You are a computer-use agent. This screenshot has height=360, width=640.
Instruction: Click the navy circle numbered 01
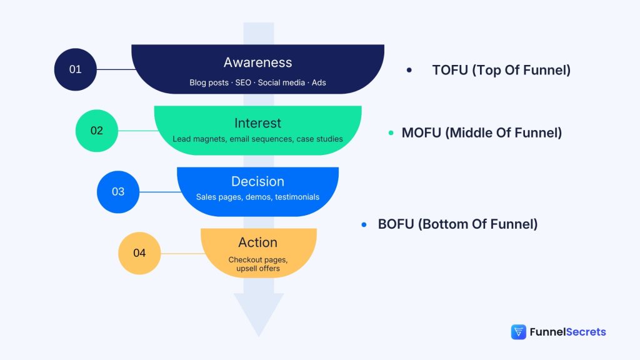point(75,69)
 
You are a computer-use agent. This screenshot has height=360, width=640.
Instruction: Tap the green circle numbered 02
point(96,131)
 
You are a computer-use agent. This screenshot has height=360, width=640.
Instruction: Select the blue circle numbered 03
point(118,192)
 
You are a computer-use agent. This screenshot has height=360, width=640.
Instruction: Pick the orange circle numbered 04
point(139,253)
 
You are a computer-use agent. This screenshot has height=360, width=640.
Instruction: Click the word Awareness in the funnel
point(257,62)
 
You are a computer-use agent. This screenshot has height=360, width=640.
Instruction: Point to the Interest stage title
point(257,123)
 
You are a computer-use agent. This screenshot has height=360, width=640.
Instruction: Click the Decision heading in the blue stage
point(257,181)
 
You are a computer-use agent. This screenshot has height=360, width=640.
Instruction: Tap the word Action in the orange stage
point(257,242)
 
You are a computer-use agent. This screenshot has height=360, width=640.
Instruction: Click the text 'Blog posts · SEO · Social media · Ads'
point(257,82)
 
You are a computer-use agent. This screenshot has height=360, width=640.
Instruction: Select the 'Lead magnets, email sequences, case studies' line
point(257,139)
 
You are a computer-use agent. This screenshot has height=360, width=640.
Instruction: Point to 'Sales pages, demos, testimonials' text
point(257,197)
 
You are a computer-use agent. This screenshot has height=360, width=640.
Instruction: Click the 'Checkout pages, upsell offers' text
point(257,264)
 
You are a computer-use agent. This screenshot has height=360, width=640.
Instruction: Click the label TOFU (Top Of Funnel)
point(501,70)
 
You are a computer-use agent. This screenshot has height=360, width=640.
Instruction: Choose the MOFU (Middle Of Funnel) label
point(481,132)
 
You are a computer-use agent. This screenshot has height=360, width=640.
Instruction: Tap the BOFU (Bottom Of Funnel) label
point(457,224)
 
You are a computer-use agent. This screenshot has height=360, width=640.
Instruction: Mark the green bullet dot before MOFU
point(391,132)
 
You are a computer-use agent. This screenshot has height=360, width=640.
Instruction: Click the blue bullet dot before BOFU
point(364,224)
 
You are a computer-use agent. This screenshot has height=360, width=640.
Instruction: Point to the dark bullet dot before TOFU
point(409,70)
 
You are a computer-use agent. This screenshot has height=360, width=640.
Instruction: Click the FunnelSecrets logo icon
point(518,332)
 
